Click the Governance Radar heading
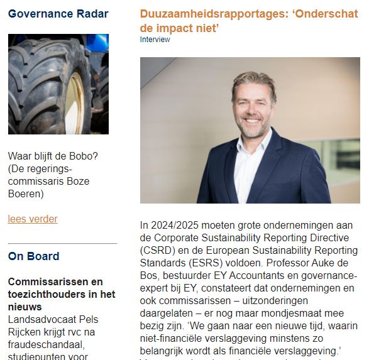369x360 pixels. [x=58, y=14]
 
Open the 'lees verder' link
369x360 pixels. [x=33, y=219]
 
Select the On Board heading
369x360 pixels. [x=34, y=256]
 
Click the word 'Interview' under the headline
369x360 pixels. [x=155, y=40]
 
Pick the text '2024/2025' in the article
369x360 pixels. [x=174, y=225]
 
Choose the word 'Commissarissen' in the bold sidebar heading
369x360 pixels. [x=47, y=282]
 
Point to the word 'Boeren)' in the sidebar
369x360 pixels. [x=26, y=194]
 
